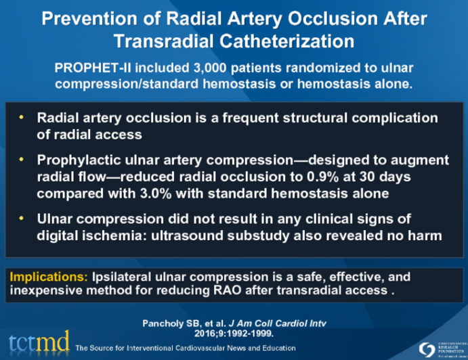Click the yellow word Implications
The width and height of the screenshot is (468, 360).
39,277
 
